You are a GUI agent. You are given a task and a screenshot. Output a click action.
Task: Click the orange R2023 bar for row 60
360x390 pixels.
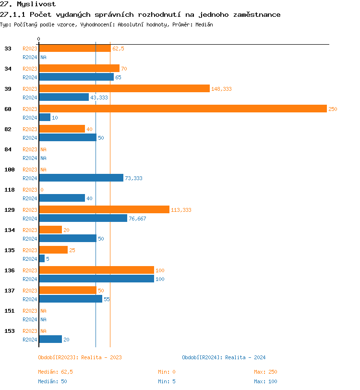[182, 109]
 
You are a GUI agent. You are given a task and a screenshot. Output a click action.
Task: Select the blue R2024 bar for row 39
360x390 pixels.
[64, 97]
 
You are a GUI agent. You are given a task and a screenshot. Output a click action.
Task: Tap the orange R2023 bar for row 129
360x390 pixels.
[104, 210]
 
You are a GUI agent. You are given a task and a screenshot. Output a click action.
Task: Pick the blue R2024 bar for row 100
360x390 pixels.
[81, 178]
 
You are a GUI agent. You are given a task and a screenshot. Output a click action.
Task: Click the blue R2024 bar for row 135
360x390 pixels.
[42, 259]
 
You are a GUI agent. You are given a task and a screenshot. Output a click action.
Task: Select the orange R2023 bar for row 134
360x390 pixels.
[50, 230]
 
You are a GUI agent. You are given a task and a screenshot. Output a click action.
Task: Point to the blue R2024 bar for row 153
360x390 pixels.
[50, 340]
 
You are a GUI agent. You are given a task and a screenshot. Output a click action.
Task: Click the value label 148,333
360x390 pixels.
[221, 89]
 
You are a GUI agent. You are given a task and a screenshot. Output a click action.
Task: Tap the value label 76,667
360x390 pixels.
[137, 219]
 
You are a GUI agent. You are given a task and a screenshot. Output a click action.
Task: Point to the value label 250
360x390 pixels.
[333, 109]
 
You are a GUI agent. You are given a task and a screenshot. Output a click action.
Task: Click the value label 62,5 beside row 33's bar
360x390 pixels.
[118, 49]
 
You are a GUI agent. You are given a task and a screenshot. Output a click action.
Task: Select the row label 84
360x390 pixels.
[8, 149]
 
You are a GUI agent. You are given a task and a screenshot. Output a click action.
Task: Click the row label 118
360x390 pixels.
[10, 190]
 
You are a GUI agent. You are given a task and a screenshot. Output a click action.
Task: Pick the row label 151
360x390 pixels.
[10, 311]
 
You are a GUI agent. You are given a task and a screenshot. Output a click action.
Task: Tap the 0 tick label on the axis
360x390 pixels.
[39, 39]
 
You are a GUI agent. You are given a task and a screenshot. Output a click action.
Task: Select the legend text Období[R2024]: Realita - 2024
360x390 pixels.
[224, 357]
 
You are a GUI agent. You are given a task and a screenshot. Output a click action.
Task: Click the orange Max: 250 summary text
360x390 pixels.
[265, 372]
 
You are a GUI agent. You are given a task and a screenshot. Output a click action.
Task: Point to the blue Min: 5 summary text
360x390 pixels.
[167, 381]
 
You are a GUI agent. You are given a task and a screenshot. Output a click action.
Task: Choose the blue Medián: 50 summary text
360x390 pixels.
[52, 381]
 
